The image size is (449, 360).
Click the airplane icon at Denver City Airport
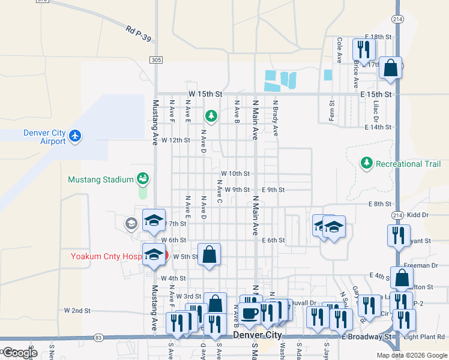pos(75,136)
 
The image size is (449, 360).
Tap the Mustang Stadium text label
pos(100,179)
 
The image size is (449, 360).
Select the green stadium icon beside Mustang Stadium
pos(143,178)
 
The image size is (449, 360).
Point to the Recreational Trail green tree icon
pos(366,163)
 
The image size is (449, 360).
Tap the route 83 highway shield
pos(98,338)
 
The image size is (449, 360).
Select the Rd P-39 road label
pos(139,34)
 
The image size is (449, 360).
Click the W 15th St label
pos(205,95)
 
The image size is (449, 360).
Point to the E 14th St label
pos(378,127)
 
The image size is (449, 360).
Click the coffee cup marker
pos(250,312)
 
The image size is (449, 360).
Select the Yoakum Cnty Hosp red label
pos(106,256)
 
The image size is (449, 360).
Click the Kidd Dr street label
pos(418,214)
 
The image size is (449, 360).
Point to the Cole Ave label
pos(339,50)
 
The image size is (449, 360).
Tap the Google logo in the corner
pos(19,353)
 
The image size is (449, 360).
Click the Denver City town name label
pos(257,334)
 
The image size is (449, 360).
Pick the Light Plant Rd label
pos(423,337)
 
